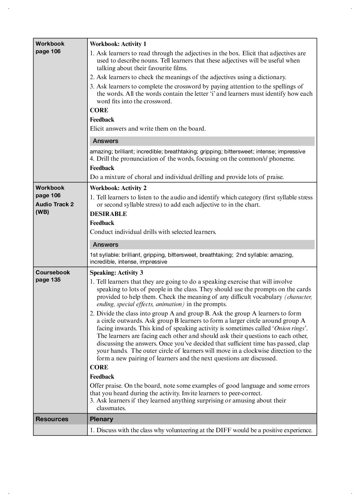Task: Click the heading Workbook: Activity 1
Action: click(118, 44)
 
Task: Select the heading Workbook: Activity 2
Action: click(118, 188)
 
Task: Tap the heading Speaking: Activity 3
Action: click(116, 273)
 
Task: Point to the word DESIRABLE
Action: click(108, 214)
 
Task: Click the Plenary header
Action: click(102, 419)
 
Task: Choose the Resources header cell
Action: click(52, 419)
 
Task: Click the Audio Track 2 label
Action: click(55, 204)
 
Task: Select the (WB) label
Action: click(42, 212)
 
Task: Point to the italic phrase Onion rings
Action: click(289, 328)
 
